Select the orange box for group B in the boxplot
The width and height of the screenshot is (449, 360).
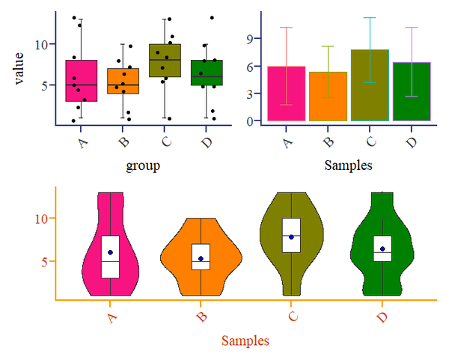click(x=123, y=75)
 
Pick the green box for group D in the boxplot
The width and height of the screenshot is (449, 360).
click(x=207, y=67)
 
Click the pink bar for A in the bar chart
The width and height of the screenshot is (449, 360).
click(x=286, y=94)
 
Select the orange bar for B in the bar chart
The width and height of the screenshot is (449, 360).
click(x=328, y=96)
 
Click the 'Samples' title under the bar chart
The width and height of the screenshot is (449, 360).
click(x=349, y=164)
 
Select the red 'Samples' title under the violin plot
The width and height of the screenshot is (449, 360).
click(x=245, y=341)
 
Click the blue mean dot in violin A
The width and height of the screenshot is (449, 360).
click(x=110, y=252)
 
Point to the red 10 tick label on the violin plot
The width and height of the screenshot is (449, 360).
click(x=42, y=218)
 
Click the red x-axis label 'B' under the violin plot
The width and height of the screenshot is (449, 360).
click(x=201, y=317)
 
